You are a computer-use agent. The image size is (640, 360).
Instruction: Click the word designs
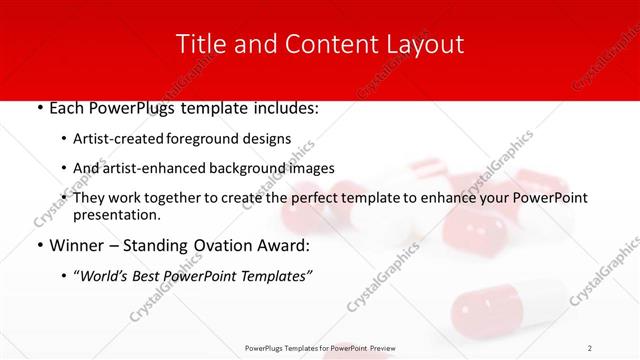coord(271,139)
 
